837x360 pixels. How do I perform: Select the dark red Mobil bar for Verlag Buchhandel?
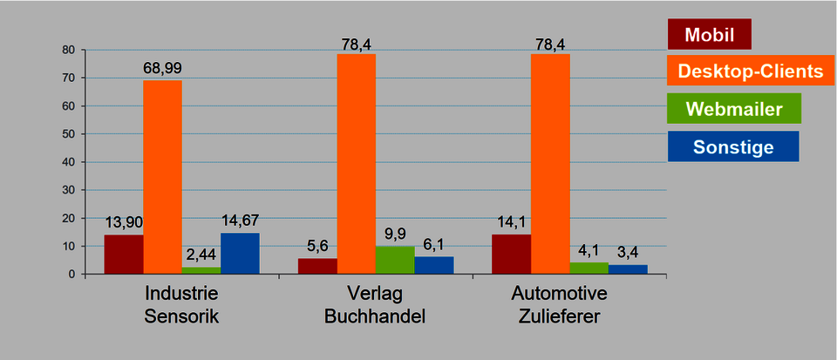coord(317,266)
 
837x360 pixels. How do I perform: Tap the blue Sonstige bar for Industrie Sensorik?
coord(240,254)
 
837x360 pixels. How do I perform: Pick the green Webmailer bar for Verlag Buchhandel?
coord(395,260)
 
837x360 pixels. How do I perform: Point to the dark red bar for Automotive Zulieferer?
coord(511,255)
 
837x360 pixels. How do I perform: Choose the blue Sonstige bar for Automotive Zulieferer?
coord(628,269)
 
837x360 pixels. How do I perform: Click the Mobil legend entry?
coord(709,35)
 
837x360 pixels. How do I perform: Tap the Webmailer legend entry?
coord(733,109)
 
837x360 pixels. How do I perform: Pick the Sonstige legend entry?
coord(732,146)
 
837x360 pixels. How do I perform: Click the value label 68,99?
coord(162,68)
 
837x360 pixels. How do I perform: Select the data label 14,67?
coord(240,220)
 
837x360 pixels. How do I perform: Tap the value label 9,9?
coord(395,234)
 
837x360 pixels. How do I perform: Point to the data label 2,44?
coord(201,255)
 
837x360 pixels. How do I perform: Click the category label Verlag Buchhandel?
coord(375,304)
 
